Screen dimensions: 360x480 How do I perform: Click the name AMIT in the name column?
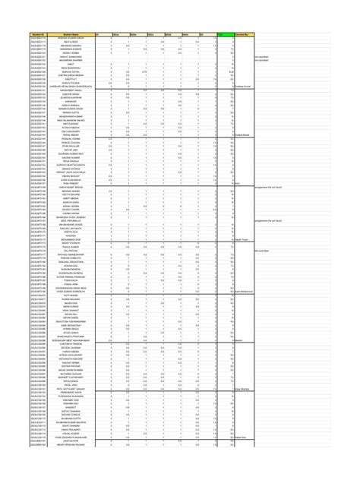pyautogui.click(x=71, y=64)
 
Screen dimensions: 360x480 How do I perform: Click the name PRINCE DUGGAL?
pyautogui.click(x=71, y=144)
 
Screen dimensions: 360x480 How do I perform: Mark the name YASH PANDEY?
pyautogui.click(x=71, y=183)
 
